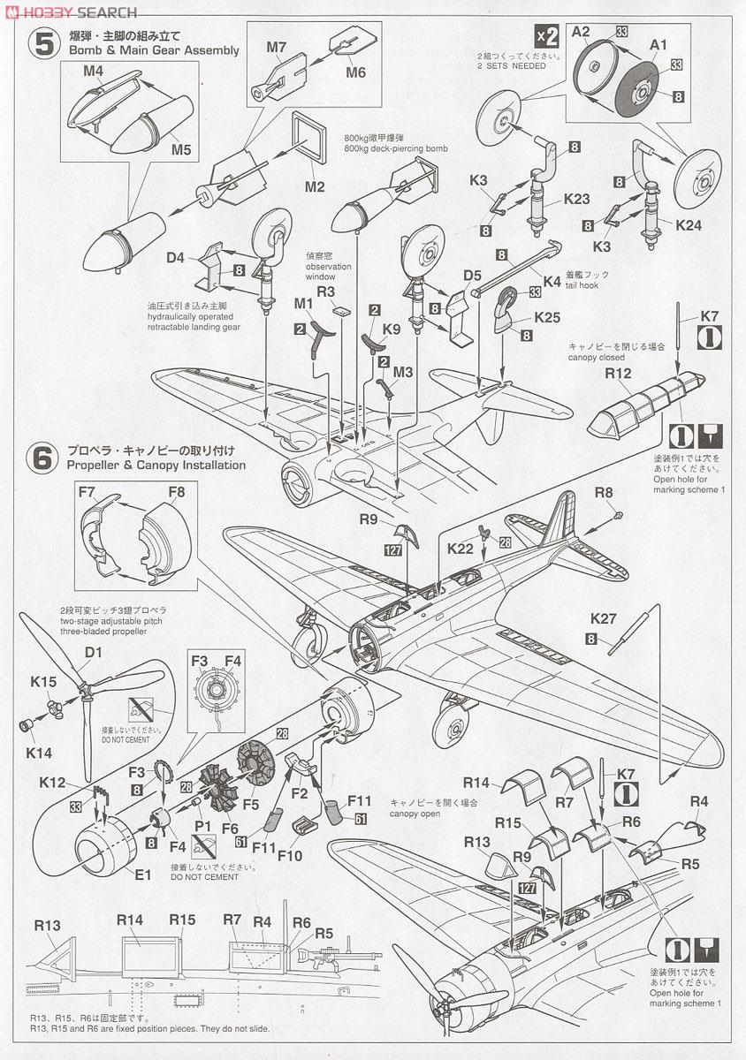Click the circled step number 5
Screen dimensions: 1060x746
pyautogui.click(x=41, y=45)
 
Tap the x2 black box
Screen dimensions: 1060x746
pyautogui.click(x=547, y=36)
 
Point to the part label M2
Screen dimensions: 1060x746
pyautogui.click(x=315, y=187)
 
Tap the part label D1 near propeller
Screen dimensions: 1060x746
pyautogui.click(x=94, y=654)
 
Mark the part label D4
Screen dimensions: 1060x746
pyautogui.click(x=175, y=258)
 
